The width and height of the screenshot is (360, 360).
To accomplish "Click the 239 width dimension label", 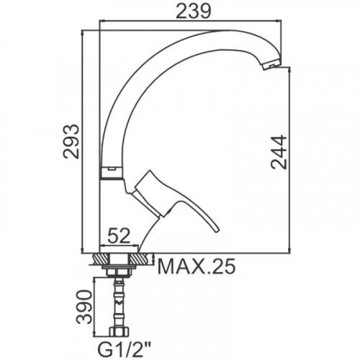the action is (x=193, y=11).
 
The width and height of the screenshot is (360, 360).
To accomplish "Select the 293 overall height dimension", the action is (x=71, y=141).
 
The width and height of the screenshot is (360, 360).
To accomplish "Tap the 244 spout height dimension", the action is (x=279, y=152).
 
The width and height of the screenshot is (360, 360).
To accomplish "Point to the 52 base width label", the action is (x=119, y=235).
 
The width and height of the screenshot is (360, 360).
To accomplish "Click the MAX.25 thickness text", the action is (x=196, y=266).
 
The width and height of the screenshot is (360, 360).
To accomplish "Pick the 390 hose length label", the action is (x=84, y=307).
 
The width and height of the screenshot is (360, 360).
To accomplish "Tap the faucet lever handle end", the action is (x=216, y=230).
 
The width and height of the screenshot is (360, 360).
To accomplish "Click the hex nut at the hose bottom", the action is (x=119, y=332).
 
